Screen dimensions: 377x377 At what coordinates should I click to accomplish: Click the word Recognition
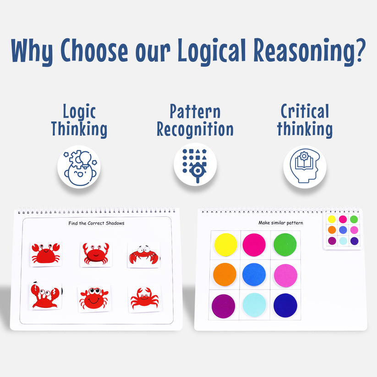(195, 129)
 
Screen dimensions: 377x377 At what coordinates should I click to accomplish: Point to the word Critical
(305, 111)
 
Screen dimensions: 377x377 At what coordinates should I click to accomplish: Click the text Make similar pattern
(280, 223)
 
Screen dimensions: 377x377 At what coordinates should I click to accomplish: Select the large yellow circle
(226, 245)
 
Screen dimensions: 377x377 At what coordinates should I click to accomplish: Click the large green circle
(285, 245)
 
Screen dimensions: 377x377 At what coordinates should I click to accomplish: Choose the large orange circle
(224, 274)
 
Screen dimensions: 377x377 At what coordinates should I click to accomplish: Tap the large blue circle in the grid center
(254, 275)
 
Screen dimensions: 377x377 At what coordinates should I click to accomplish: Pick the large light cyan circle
(254, 305)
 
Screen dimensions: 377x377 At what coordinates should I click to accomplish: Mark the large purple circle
(224, 306)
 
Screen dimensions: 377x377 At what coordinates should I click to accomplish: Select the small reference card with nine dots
(343, 230)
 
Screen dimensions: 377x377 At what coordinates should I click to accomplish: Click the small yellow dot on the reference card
(332, 219)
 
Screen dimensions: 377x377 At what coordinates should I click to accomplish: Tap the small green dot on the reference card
(354, 219)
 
